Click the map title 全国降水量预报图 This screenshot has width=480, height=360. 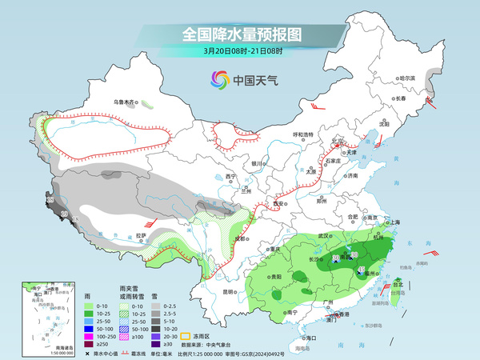(x=239, y=34)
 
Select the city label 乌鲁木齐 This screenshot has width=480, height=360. (x=125, y=102)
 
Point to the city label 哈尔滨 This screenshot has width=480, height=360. (x=408, y=78)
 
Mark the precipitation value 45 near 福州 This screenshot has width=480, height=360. (x=362, y=269)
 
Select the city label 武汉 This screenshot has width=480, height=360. (x=323, y=236)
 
